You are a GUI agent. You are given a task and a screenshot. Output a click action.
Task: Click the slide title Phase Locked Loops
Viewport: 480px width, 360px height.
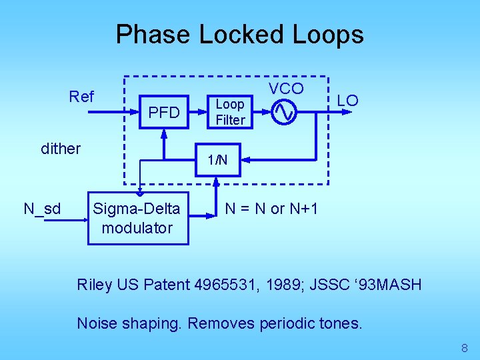point(239,34)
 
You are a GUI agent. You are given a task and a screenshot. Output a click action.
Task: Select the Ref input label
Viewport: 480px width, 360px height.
point(81,97)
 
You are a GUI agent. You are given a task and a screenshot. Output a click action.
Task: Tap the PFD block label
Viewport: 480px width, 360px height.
point(164,113)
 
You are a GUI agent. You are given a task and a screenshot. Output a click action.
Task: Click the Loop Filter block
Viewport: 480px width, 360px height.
point(230,112)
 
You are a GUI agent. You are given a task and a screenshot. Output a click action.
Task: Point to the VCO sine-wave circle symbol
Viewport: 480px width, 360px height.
point(284,112)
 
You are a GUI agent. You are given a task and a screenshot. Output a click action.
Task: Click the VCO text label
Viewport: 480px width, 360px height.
point(286,89)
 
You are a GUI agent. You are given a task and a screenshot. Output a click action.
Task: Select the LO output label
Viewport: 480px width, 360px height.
point(347,101)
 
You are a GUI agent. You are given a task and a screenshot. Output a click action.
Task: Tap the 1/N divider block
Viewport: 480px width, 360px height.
point(217,160)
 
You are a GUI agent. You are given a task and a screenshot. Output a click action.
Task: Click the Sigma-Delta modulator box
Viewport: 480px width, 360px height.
point(138,218)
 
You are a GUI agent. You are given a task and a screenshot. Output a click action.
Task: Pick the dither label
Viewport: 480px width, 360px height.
point(61,148)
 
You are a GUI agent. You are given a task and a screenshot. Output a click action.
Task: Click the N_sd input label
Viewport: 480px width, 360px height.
point(42,209)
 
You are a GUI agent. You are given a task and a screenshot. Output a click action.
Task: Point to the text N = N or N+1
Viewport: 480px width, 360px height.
point(271,209)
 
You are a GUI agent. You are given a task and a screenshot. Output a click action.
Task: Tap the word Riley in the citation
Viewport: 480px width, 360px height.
point(95,285)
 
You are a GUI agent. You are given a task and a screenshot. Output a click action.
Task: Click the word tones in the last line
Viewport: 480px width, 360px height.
point(341,324)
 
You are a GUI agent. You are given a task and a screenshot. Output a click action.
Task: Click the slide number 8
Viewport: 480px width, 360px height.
point(465,348)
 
